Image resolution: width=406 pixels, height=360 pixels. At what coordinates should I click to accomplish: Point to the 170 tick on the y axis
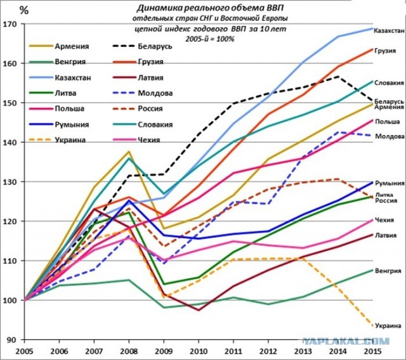(x=10, y=24)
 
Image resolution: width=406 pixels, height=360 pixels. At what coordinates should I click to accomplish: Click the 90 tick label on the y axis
(x=12, y=340)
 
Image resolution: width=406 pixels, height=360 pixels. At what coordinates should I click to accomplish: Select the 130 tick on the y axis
(x=10, y=182)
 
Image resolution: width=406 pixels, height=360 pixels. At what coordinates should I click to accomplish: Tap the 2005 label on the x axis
(x=25, y=350)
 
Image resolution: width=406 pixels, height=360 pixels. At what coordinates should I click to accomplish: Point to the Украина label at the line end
(x=387, y=325)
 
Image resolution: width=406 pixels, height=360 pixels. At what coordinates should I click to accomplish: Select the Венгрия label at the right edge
(x=387, y=271)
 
